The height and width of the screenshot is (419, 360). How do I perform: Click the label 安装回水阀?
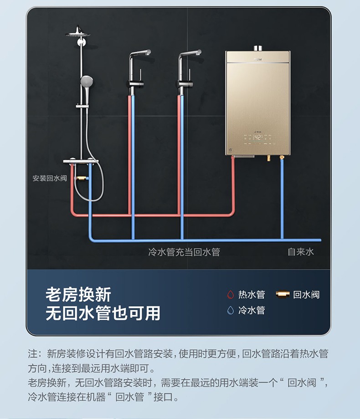50,178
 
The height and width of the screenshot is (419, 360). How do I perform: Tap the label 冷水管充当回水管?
184,252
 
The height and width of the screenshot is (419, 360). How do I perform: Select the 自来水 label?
301,252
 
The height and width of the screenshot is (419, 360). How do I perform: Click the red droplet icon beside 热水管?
231,295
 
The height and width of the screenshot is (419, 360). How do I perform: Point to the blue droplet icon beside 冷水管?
231,311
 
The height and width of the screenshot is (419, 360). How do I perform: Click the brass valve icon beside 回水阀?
283,295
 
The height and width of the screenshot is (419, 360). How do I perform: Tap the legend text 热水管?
252,295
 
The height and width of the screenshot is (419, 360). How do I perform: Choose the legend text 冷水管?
252,311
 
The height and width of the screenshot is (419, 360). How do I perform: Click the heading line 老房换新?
78,295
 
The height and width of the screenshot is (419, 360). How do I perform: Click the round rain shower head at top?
78,33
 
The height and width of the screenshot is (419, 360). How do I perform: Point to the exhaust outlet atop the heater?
257,48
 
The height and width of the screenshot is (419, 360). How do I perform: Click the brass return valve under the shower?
82,178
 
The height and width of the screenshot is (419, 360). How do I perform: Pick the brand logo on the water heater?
257,58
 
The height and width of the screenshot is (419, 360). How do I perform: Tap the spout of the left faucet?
148,52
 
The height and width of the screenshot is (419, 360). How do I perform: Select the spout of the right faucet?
198,52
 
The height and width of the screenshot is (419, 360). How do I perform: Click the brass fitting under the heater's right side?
282,158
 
